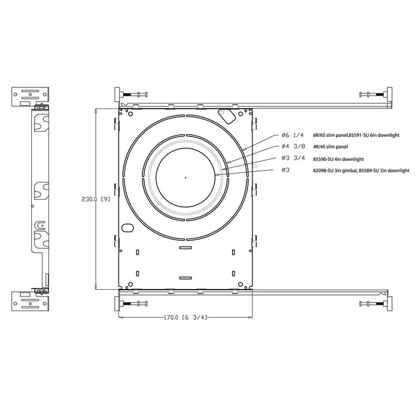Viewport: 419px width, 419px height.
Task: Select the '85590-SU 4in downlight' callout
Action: pos(338,159)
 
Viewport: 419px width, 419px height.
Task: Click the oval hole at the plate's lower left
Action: pos(128,228)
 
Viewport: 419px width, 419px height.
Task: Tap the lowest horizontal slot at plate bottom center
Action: pos(186,277)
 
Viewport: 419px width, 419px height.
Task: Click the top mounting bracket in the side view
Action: pos(23,95)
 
